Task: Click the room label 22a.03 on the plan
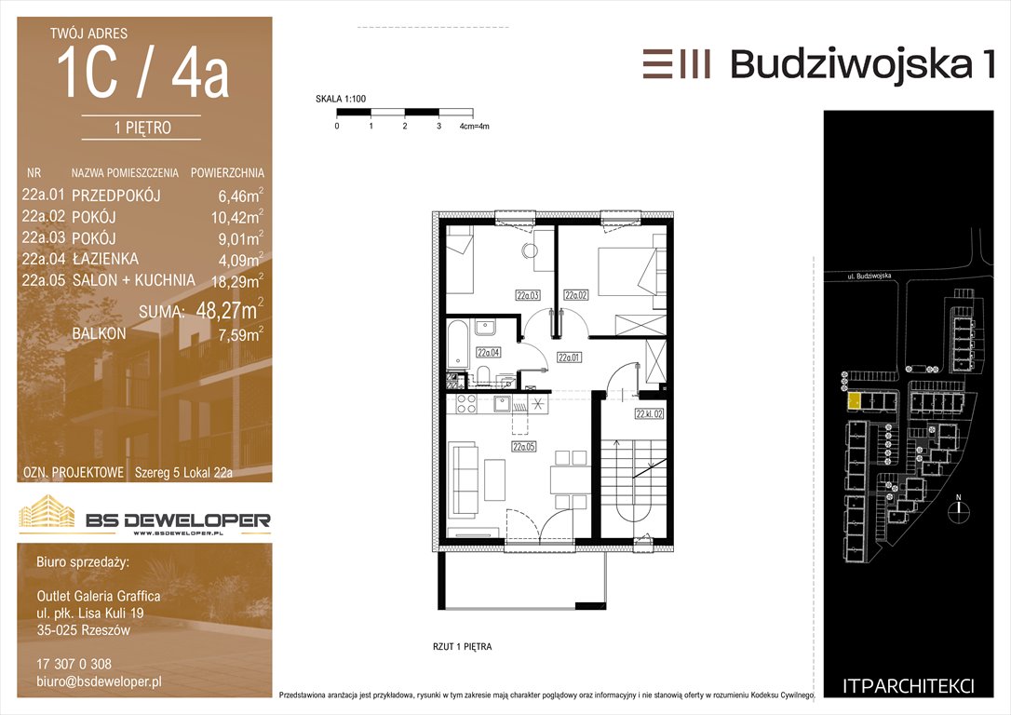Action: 528,295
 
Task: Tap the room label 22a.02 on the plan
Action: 575,295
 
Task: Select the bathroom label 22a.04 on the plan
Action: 488,353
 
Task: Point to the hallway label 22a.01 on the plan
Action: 569,357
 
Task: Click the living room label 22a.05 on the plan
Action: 523,446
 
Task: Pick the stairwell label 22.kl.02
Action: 649,414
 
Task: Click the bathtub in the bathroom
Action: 458,344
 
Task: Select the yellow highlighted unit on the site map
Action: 853,401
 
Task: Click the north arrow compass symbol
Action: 959,508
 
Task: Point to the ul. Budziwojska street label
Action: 869,276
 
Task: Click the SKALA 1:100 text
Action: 341,99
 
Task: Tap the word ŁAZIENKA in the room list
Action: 105,259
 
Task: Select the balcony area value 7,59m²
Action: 240,334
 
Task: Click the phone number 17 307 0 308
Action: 74,664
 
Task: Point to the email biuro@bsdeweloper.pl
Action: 99,681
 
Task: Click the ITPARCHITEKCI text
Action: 908,686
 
